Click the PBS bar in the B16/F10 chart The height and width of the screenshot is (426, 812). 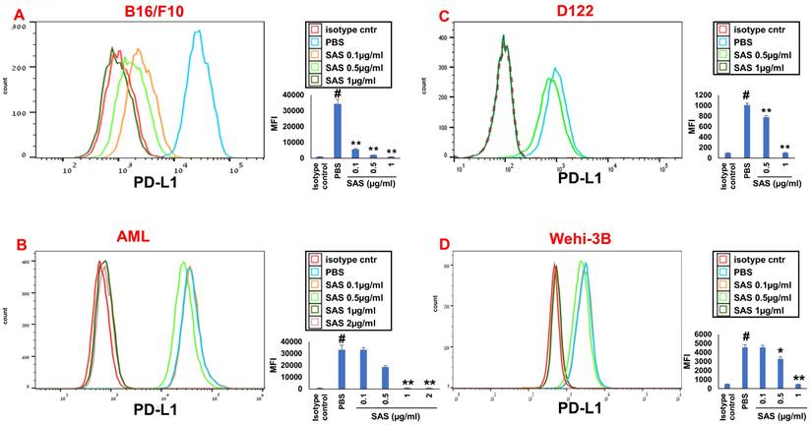tap(337, 130)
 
